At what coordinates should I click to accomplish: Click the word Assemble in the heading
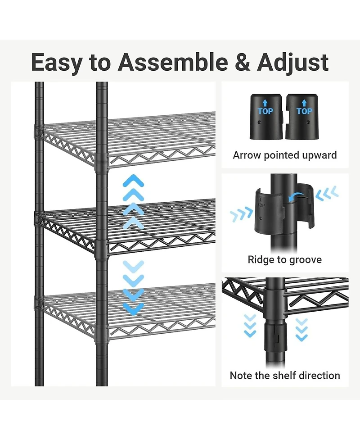(x=173, y=62)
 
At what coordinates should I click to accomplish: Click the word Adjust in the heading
(x=293, y=62)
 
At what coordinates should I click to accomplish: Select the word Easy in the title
(x=57, y=62)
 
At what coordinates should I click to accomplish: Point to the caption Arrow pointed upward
(x=284, y=155)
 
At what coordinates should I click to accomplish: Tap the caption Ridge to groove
(x=284, y=259)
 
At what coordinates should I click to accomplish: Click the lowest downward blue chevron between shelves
(x=133, y=308)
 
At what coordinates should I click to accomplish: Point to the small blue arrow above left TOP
(x=265, y=103)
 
